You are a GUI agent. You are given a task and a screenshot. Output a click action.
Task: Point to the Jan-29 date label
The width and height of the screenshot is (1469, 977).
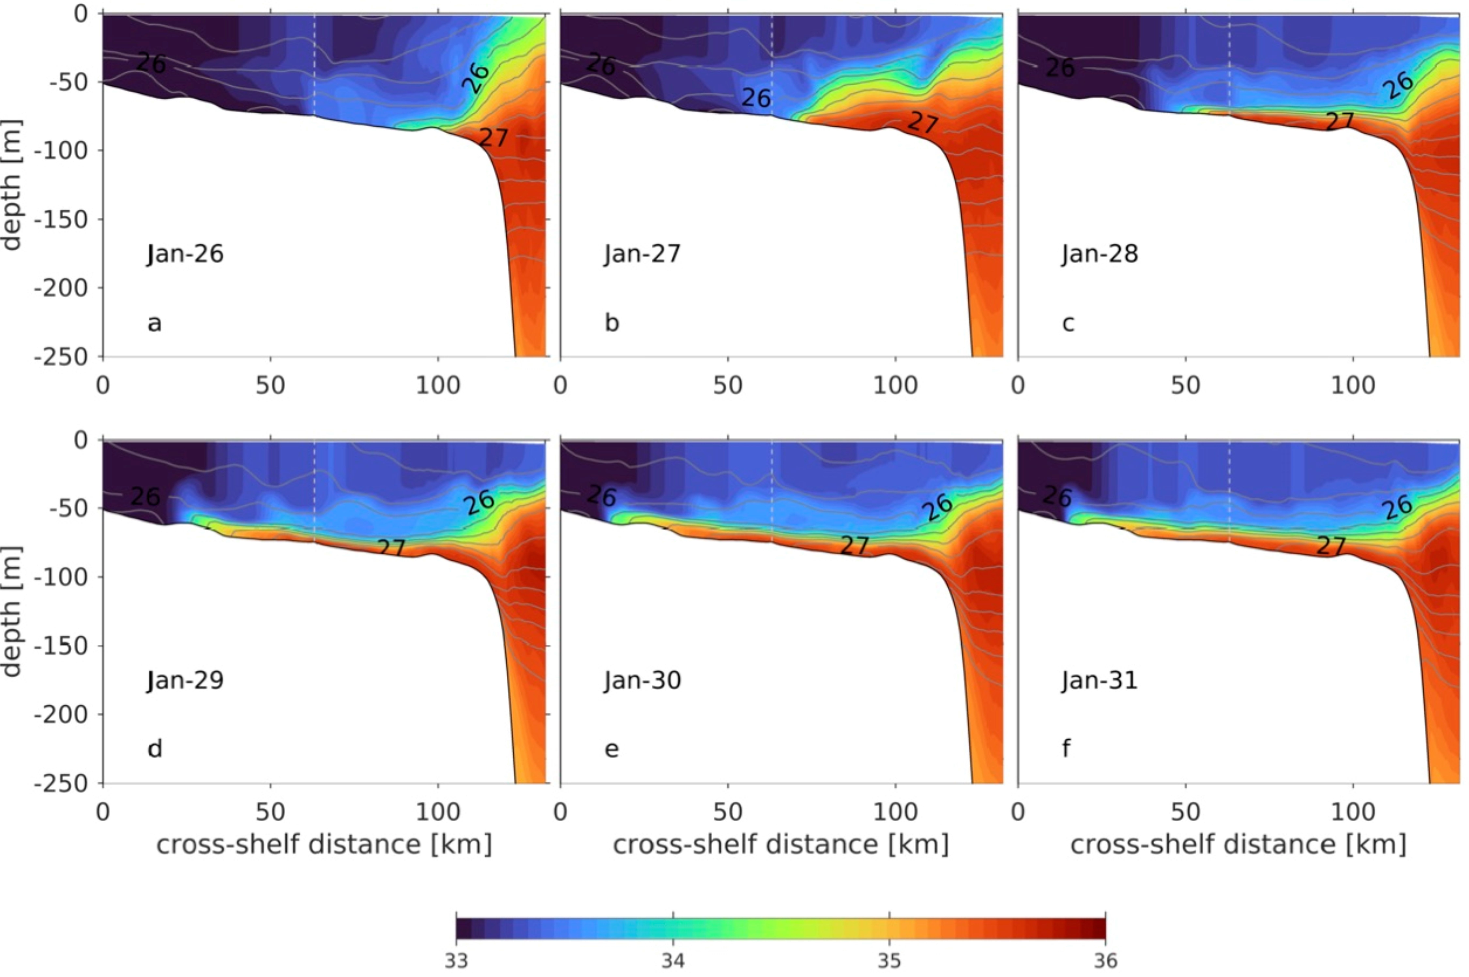pos(185,680)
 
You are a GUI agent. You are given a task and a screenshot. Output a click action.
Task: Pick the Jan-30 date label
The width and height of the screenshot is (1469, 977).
pos(642,680)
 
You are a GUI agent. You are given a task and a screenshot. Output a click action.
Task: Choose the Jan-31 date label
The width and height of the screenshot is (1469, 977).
pos(1100,680)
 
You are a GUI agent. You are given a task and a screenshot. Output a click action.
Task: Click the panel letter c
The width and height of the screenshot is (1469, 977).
pos(1068,323)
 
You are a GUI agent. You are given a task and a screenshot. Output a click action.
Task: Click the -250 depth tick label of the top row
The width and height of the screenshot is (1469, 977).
pos(61,357)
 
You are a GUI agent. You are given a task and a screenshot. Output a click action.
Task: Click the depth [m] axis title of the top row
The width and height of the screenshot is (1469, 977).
pos(11,185)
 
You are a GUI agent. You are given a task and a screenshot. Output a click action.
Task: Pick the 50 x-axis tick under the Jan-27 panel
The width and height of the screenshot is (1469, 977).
pos(728,386)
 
